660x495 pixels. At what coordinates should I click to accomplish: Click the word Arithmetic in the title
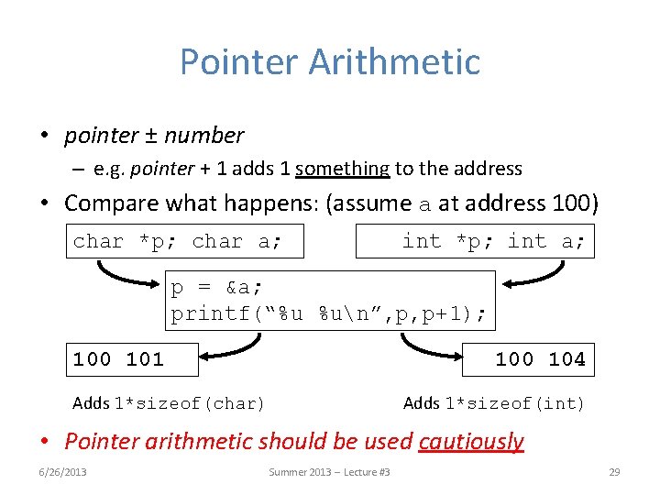(394, 62)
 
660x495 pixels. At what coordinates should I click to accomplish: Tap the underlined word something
(343, 169)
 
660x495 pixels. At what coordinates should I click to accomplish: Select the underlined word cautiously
(471, 441)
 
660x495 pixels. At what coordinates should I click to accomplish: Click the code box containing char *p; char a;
(185, 241)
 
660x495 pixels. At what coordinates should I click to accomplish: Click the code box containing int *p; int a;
(475, 241)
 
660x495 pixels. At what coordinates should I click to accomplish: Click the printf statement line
(328, 314)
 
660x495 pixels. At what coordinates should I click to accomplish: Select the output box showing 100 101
(132, 358)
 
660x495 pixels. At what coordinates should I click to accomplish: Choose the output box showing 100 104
(528, 358)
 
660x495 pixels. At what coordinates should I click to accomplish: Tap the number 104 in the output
(566, 359)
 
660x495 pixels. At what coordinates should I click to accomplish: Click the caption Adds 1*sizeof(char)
(169, 403)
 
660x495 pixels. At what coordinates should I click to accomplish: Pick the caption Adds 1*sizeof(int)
(493, 403)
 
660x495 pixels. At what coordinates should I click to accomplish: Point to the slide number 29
(614, 472)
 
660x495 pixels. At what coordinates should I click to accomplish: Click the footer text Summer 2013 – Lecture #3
(329, 472)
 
